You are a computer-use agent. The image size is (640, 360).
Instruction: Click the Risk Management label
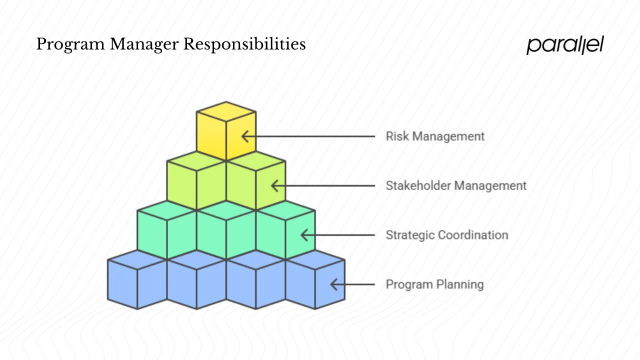435,136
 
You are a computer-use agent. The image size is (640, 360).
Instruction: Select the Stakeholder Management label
456,185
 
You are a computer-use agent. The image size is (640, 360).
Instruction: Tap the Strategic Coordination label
446,235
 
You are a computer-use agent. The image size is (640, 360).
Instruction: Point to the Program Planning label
434,284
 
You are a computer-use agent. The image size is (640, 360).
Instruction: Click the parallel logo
565,45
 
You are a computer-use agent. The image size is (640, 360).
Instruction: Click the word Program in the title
70,45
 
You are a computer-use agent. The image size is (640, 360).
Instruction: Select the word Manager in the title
144,45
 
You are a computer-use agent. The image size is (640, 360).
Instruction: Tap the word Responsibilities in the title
244,44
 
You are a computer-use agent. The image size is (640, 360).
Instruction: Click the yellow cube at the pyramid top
226,130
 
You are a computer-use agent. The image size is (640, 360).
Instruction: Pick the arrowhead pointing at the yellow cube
244,136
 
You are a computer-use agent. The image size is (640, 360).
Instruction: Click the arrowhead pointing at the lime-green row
274,185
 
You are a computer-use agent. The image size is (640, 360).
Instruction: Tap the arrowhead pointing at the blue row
333,284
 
